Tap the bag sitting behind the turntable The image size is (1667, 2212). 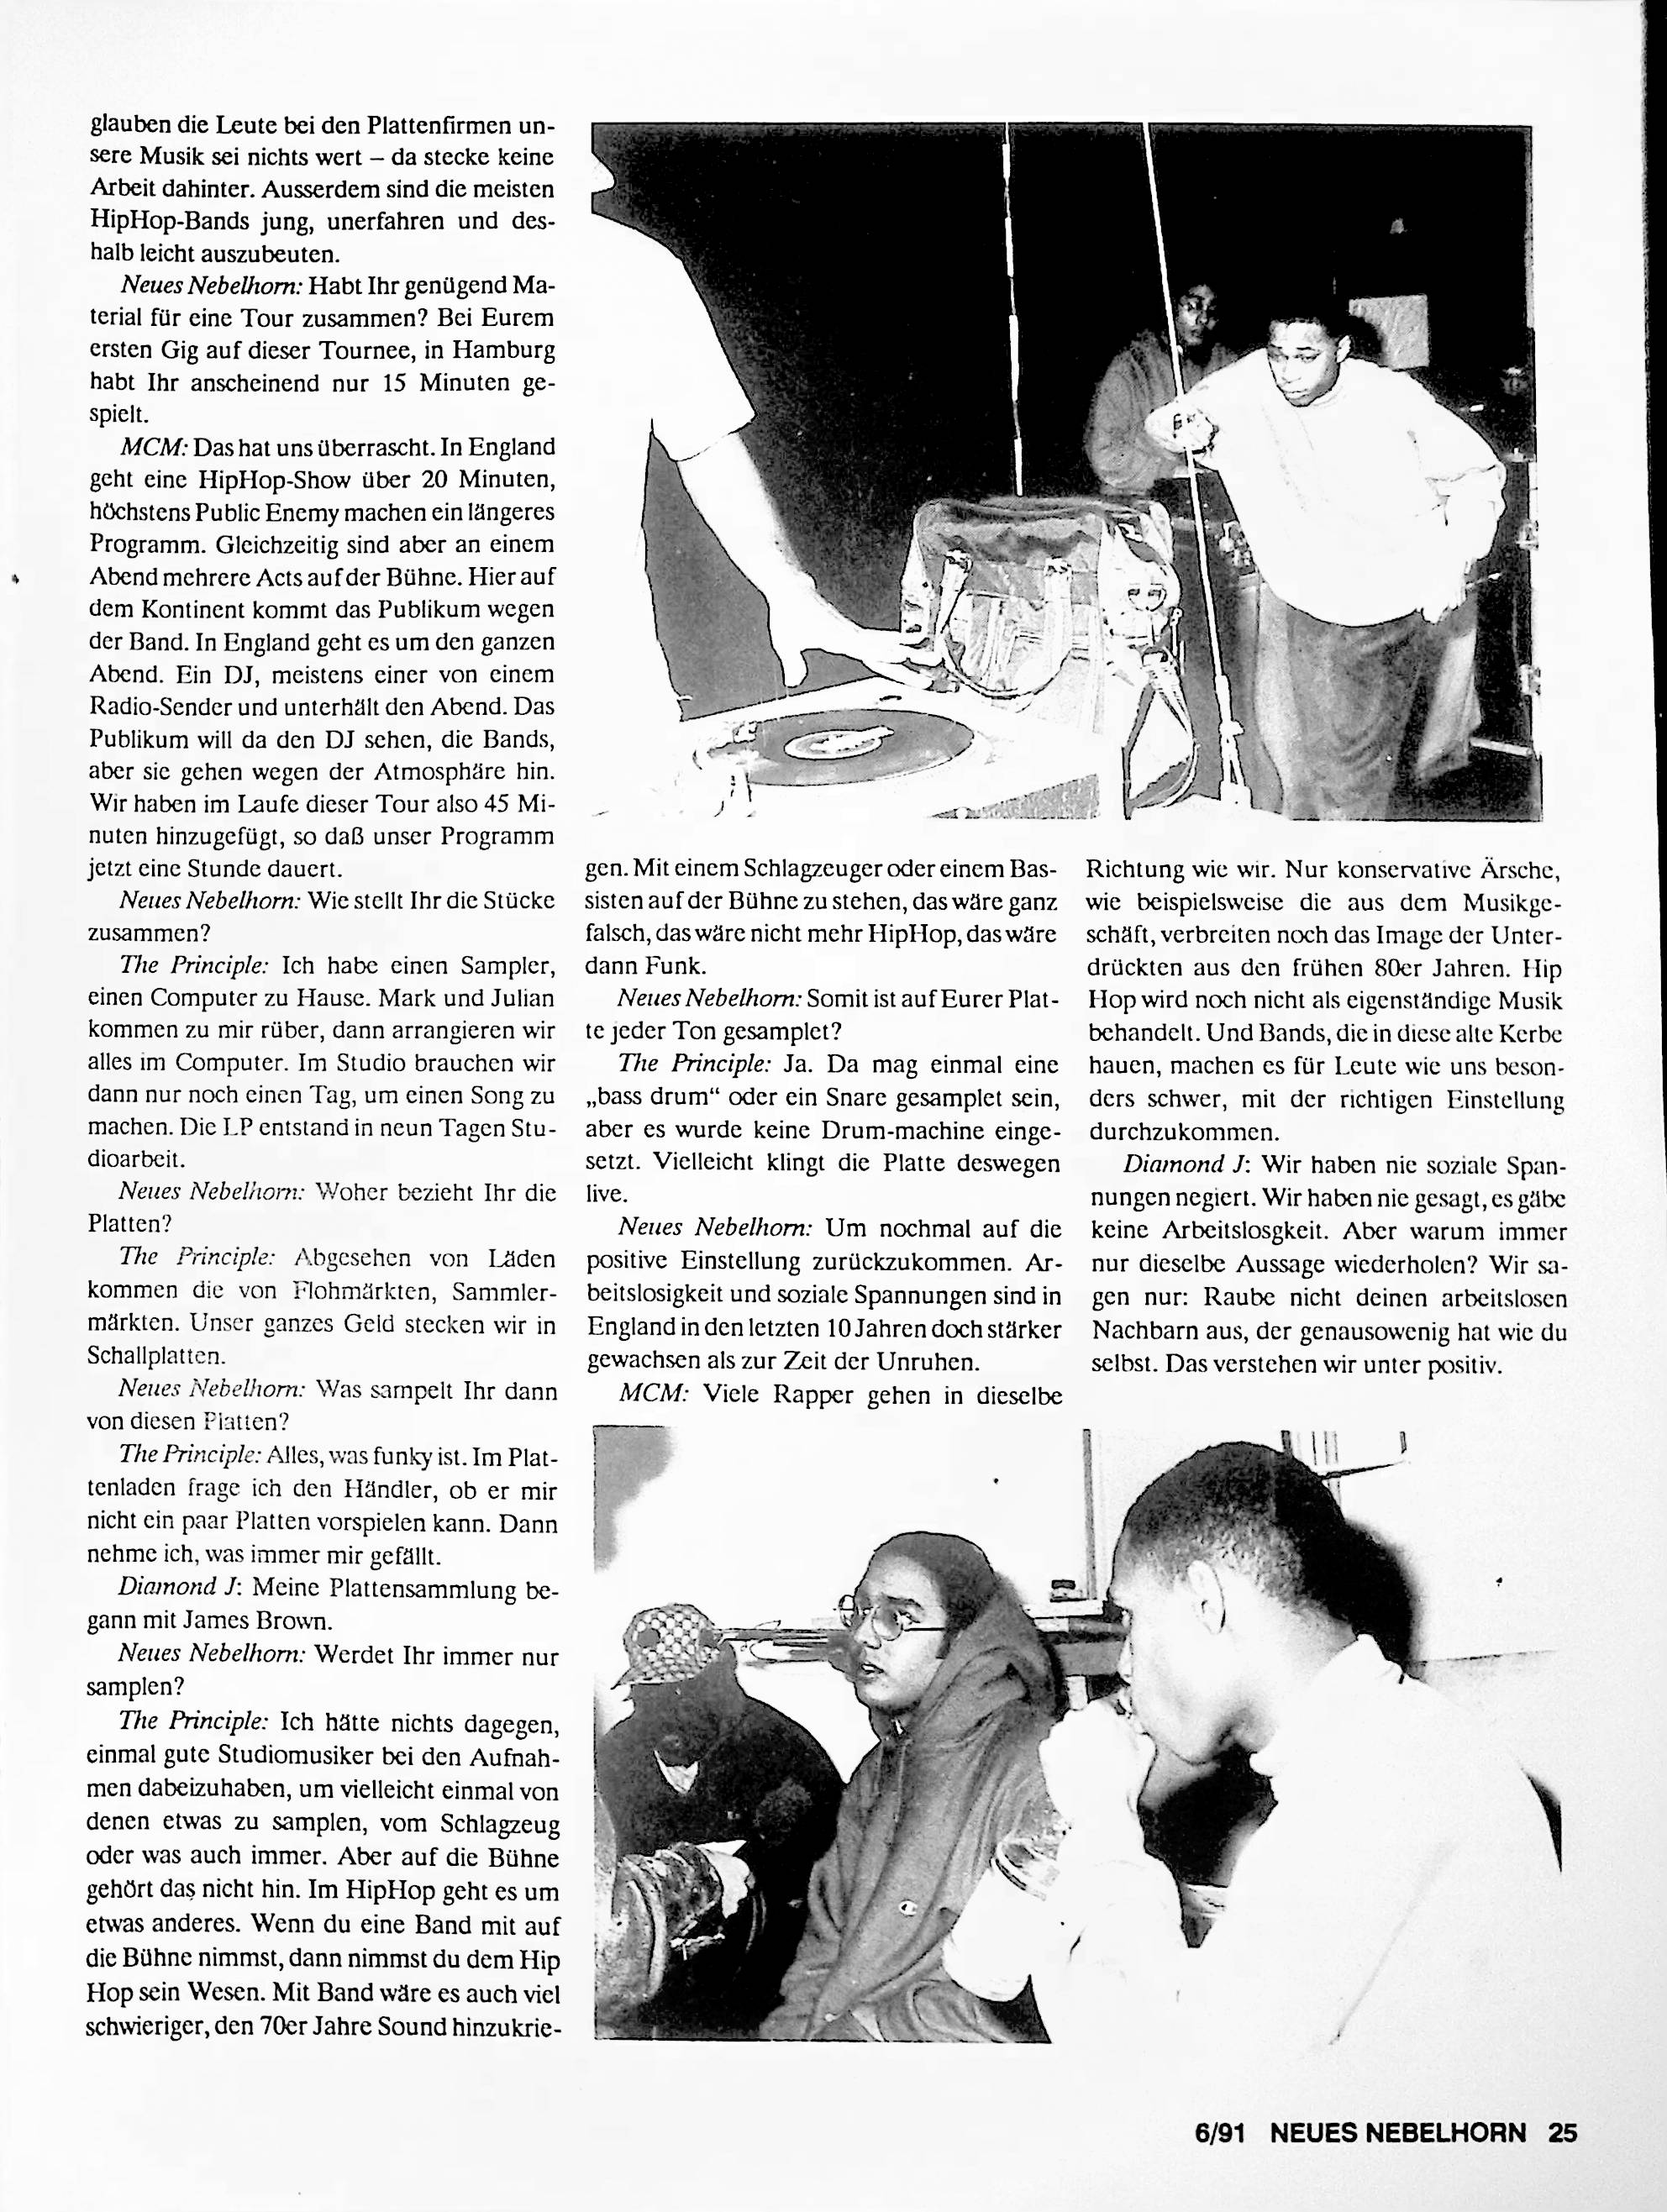point(1040,590)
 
